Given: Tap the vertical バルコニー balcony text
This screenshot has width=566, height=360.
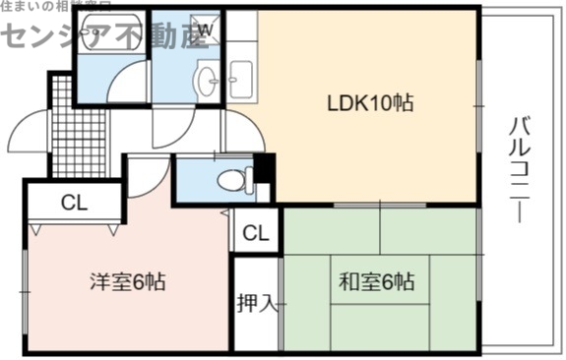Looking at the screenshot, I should click(518, 169).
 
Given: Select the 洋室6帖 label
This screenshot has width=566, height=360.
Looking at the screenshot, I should click(129, 282).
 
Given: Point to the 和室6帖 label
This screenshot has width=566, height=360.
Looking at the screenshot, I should click(378, 282).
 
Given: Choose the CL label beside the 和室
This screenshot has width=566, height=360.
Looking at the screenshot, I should click(255, 233).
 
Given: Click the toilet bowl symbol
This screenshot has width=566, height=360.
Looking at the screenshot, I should click(233, 180).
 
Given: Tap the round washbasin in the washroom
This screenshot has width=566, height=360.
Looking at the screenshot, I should click(207, 83).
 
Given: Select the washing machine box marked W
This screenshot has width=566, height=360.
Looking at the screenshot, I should click(205, 30).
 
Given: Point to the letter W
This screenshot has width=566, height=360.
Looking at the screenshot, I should click(205, 30).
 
